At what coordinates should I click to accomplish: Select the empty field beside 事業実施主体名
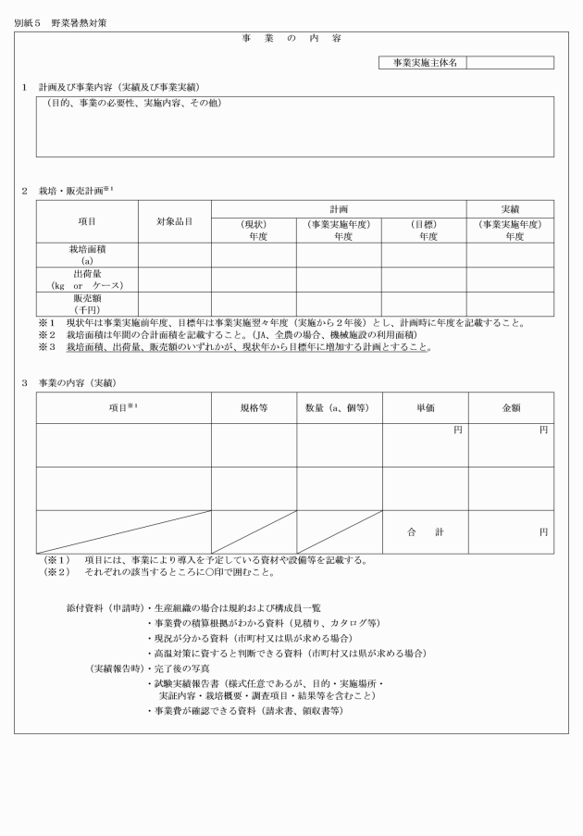pos(510,63)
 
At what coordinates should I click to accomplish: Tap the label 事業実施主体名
pos(423,63)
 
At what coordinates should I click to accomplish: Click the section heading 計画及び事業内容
pos(125,87)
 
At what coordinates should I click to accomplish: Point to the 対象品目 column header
pos(174,222)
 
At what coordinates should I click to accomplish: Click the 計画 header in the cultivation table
pos(339,209)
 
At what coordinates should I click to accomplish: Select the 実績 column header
pos(510,209)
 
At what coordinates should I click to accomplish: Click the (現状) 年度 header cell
pos(254,230)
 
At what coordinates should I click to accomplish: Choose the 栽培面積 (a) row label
pos(87,255)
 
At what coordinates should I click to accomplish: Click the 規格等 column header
pos(254,407)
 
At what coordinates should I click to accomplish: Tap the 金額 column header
pos(510,407)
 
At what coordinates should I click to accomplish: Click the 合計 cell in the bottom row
pos(425,532)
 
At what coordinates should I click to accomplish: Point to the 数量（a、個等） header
pos(339,407)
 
